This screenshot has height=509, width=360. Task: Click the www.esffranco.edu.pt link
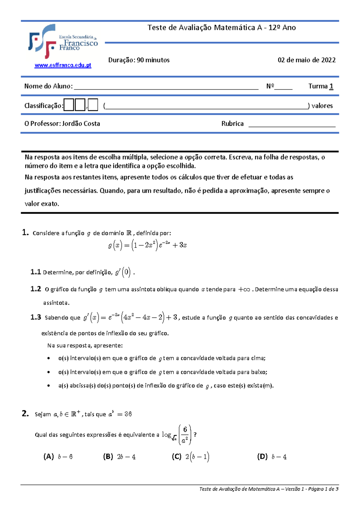(x=63, y=65)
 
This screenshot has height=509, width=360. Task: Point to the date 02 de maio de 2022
(x=306, y=60)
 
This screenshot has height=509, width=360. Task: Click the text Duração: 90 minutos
(x=139, y=60)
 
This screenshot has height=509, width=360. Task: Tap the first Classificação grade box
(x=69, y=105)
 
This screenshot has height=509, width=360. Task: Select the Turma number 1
(x=331, y=86)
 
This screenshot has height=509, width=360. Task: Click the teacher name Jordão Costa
(x=81, y=124)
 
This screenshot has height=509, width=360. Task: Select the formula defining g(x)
(x=147, y=245)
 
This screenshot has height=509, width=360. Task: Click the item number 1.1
(x=35, y=272)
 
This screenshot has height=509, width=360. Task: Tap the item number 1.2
(x=35, y=289)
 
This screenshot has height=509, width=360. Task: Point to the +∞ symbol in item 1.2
(x=244, y=290)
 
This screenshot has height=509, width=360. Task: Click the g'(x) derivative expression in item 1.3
(x=130, y=318)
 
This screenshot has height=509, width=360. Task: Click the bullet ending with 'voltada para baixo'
(x=162, y=372)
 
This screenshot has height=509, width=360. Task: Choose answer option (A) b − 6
(x=58, y=457)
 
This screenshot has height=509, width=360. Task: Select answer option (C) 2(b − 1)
(x=190, y=457)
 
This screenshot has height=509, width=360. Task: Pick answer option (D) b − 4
(x=272, y=457)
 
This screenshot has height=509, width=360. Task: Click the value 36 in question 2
(x=128, y=414)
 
